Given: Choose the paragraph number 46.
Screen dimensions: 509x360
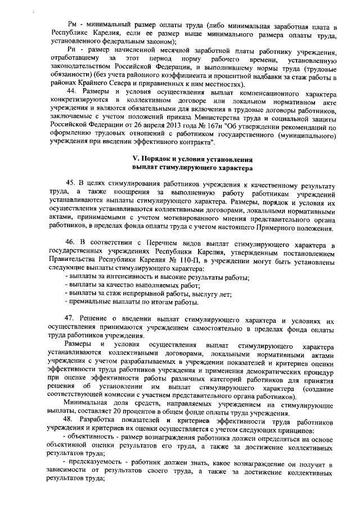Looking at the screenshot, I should tap(71, 242).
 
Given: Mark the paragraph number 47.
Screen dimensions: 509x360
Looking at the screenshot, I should tap(71, 318).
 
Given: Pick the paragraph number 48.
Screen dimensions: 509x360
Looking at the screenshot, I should tap(71, 422).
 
